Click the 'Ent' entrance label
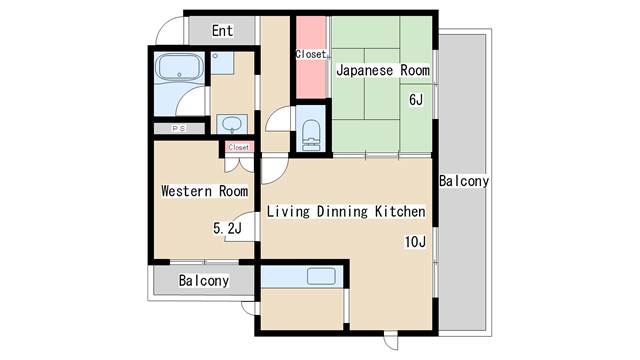[x=222, y=31]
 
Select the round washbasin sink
[x=232, y=124]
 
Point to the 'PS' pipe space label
[x=178, y=129]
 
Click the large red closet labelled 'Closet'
[x=310, y=56]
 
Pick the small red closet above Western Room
[x=239, y=148]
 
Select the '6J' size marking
[x=416, y=100]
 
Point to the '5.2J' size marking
[x=227, y=228]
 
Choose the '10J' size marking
[x=416, y=241]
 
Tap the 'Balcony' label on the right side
[x=463, y=181]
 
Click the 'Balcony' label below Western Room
[x=204, y=281]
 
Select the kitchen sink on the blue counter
[x=320, y=276]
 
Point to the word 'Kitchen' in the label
[x=400, y=212]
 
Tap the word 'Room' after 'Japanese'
[x=415, y=71]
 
